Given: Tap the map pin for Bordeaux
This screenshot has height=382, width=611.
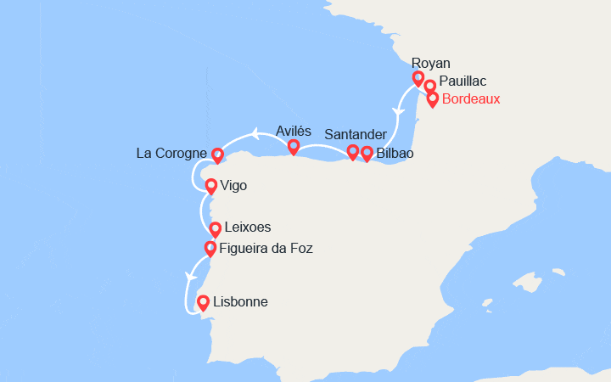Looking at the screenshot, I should (x=433, y=98).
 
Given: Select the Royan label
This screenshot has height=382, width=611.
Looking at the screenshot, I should (x=430, y=63).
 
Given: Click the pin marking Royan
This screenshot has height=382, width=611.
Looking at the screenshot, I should (x=418, y=78).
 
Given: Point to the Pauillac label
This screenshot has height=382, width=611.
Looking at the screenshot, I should (x=463, y=81).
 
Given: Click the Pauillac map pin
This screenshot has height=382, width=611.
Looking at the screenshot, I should (x=430, y=87).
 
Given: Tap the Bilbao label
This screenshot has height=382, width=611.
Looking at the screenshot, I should (x=395, y=154).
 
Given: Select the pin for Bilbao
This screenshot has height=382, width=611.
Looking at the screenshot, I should (x=367, y=153).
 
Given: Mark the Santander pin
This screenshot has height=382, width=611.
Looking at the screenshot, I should (x=353, y=152).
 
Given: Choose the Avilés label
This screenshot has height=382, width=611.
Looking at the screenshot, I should (x=294, y=131).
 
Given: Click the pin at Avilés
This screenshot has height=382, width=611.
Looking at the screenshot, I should (x=294, y=147).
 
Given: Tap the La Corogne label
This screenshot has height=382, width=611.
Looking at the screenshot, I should (x=171, y=154).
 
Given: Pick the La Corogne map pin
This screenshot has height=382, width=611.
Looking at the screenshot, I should (x=217, y=155).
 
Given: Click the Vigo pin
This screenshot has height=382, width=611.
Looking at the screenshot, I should (x=210, y=184).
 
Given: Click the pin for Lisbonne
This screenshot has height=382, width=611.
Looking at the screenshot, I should (x=203, y=302).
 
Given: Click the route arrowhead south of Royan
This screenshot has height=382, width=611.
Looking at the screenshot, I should (x=396, y=113).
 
